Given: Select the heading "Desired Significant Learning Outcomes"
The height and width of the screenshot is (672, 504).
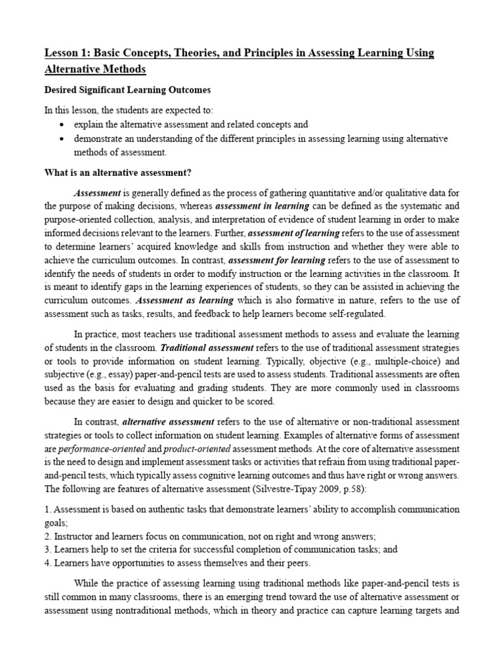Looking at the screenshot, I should click(127, 89).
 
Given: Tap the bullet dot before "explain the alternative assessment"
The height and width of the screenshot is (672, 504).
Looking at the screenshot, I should click(62, 125).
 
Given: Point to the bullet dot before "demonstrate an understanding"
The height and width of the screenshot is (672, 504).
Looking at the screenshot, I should click(62, 139).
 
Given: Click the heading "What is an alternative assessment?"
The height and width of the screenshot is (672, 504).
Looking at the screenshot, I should click(117, 173).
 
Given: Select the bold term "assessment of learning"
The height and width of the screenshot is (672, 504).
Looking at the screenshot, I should click(294, 233).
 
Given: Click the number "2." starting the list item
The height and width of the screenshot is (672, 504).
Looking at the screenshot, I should click(47, 536).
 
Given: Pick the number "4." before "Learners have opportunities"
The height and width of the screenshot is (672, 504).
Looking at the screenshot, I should click(47, 563).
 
